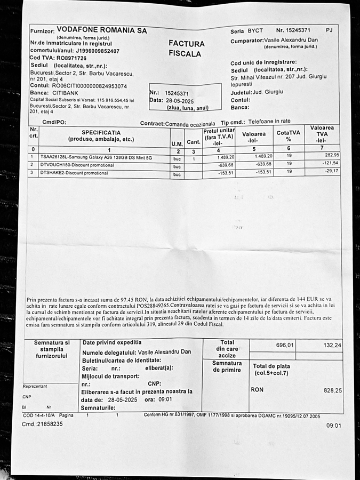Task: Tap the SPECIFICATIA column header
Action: [101, 132]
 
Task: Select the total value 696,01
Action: [285, 345]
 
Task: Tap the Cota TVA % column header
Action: [289, 135]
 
